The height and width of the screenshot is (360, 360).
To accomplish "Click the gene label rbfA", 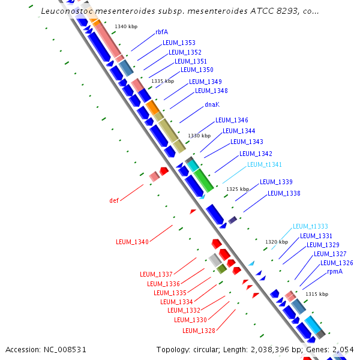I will point(161,32).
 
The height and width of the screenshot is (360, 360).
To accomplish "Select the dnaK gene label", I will point(212,104).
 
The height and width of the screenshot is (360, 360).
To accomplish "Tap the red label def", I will point(114,200).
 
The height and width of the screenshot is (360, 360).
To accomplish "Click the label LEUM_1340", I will point(132,242).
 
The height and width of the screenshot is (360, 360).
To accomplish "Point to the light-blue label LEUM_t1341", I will point(265,164).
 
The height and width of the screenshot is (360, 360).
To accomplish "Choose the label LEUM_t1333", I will point(310,226).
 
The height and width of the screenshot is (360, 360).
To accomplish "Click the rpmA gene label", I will point(335,272).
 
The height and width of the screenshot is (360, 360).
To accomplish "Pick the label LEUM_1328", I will point(199,331).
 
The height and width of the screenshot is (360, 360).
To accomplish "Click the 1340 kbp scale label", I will point(126,26).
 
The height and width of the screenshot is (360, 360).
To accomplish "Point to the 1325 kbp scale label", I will point(237,189).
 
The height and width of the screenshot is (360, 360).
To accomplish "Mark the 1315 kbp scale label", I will point(317,294).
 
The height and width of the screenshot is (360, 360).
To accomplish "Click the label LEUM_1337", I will point(156,274).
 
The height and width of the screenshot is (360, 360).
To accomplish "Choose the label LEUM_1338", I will point(284,193).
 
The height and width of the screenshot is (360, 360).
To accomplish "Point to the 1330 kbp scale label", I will point(200,136).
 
